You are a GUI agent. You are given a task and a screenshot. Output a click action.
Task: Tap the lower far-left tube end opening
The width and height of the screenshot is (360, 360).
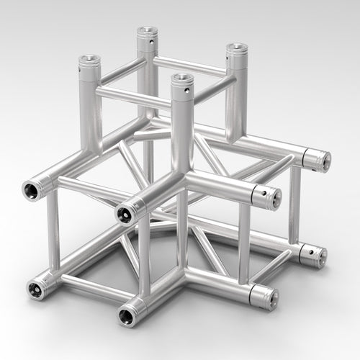pyautogui.click(x=34, y=288)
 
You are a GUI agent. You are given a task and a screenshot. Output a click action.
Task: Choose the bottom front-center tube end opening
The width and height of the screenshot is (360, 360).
pyautogui.click(x=126, y=314)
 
